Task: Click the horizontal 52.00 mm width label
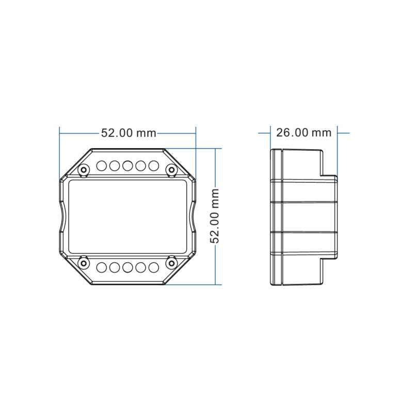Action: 128,133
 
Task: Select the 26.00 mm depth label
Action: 304,133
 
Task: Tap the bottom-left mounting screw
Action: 83,263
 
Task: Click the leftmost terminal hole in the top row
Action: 101,166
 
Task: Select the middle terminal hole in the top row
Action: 127,166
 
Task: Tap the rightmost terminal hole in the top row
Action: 153,166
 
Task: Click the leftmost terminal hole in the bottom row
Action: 101,267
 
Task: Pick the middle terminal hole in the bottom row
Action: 127,267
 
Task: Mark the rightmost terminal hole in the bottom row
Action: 153,267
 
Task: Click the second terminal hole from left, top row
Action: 114,166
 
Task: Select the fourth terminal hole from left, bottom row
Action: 140,267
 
